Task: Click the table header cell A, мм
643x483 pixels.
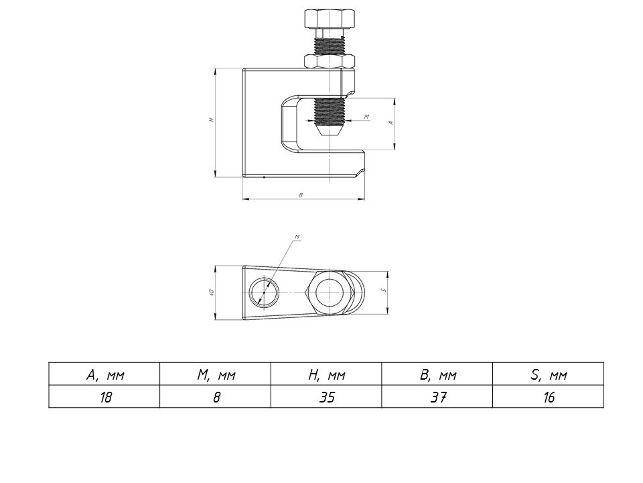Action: [104, 375]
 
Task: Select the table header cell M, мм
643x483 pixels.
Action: [216, 375]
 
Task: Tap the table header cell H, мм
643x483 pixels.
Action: [327, 375]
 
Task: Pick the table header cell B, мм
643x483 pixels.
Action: [438, 375]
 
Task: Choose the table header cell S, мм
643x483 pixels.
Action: [549, 375]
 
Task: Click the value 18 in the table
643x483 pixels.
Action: [104, 397]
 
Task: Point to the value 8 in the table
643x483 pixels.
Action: [216, 397]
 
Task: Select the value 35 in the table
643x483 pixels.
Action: [327, 397]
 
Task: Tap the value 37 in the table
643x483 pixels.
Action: [438, 397]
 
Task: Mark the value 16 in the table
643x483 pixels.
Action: [549, 397]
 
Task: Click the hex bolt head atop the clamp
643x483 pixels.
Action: [330, 18]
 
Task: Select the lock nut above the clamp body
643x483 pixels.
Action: [330, 61]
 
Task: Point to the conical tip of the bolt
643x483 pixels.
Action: [330, 131]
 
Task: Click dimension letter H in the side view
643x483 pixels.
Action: [210, 120]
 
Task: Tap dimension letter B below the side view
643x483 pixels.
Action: [301, 195]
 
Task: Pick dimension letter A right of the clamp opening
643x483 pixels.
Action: [390, 123]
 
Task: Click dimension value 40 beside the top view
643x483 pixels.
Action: [210, 292]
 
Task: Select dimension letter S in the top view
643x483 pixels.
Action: [382, 290]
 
